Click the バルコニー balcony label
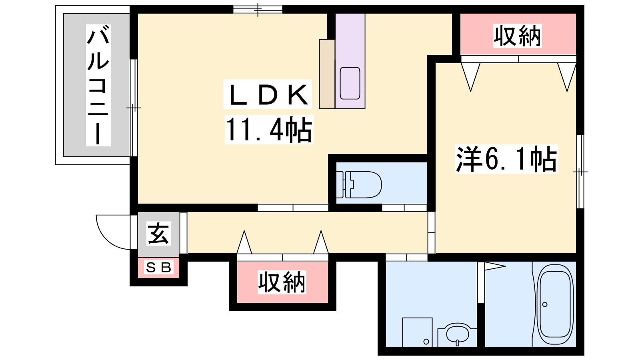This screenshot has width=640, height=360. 98,85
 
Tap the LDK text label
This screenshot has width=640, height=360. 268,94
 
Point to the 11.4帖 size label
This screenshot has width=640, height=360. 269,130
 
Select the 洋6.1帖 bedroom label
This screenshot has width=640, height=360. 506,159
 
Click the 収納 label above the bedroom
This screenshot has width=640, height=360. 518,36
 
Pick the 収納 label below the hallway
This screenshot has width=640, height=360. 282,282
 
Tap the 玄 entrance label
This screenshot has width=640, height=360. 158,233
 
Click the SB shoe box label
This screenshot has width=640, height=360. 158,268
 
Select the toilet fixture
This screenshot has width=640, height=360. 359,184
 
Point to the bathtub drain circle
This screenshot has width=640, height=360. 545,304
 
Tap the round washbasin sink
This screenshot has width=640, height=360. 458,334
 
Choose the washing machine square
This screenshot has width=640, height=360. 417,332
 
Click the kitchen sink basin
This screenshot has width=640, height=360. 350,83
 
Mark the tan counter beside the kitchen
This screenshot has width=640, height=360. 327,74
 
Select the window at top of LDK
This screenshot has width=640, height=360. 258,10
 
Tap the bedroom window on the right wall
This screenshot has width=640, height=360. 580,172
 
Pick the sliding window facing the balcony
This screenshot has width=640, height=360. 134,108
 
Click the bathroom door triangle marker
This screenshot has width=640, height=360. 495,266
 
